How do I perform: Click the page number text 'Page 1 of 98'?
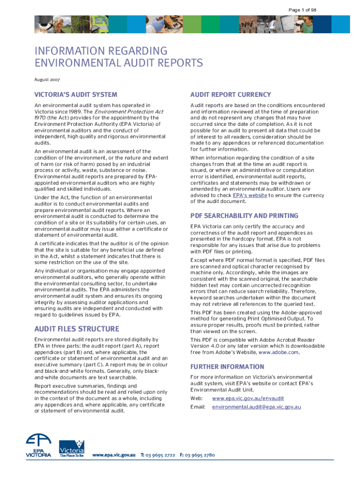pos(302,10)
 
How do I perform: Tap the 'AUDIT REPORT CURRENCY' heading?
pos(230,94)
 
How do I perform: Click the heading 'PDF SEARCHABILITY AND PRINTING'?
pos(244,216)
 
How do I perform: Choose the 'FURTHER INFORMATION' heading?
pos(227,367)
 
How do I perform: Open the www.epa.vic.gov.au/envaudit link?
pos(248,399)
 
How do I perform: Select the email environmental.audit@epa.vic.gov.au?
pos(256,407)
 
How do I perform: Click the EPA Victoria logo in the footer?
pos(39,447)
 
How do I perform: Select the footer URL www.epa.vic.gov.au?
pos(114,455)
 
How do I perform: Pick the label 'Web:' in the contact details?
pos(197,399)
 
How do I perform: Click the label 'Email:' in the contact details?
pos(198,407)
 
